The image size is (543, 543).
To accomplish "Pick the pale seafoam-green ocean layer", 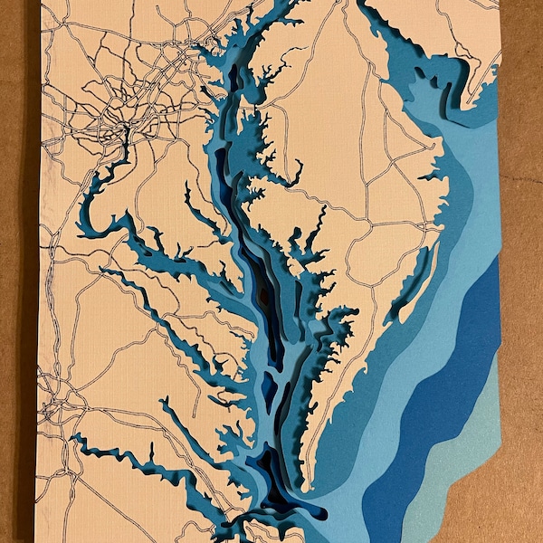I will click(x=471, y=471).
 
